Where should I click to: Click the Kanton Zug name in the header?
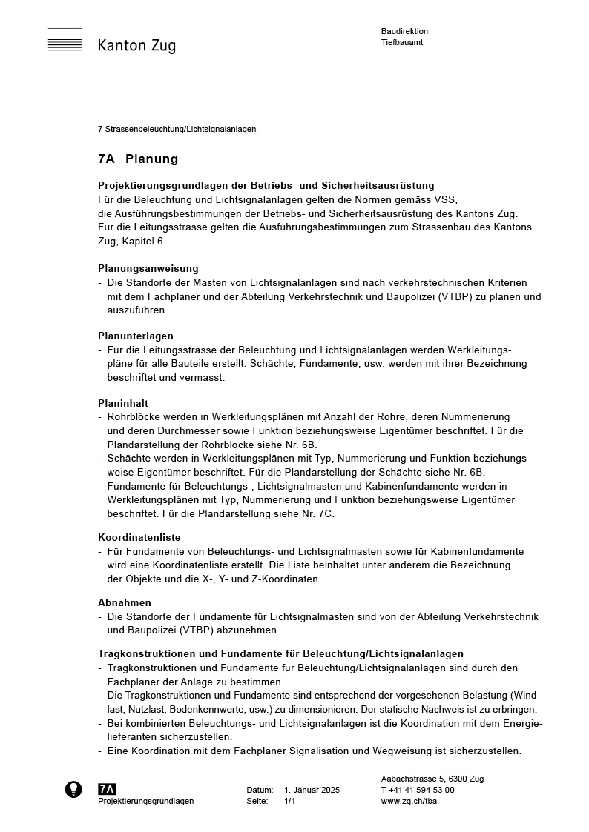tap(136, 46)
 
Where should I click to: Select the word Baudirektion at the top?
tap(404, 32)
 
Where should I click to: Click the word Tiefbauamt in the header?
tap(402, 43)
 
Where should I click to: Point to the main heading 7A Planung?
tap(138, 159)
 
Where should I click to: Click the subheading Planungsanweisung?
tap(148, 268)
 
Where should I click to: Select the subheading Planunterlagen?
tap(136, 336)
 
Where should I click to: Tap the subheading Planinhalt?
tap(123, 403)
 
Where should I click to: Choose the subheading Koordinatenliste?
tap(139, 537)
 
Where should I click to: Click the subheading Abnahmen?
tap(125, 602)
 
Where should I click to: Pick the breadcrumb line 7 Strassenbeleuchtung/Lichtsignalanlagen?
tap(177, 129)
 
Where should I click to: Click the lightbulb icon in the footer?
tap(73, 790)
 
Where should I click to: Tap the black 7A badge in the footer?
tap(107, 790)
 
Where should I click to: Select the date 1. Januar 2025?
tap(312, 791)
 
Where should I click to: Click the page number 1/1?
tap(289, 802)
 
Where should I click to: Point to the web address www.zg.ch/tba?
tap(407, 802)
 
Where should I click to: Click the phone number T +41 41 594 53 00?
tap(418, 791)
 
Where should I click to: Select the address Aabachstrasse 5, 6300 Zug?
tap(432, 779)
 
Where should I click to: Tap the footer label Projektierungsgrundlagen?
tap(146, 802)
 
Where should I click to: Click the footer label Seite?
tap(257, 802)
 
